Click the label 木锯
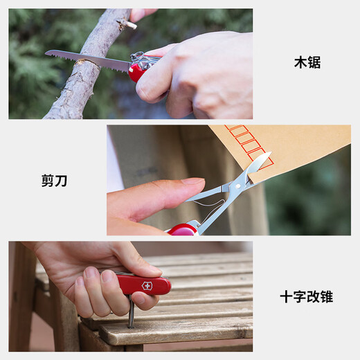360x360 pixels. coord(307,62)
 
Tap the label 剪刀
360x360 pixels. coord(54,181)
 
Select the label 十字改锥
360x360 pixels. coord(307,297)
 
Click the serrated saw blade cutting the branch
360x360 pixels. coord(88,60)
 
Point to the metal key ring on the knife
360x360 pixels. coord(136,56)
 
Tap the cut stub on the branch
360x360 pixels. coord(127,24)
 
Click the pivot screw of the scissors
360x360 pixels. coord(237,186)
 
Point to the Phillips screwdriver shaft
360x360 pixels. coord(131,312)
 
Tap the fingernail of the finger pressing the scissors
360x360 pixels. coord(193,181)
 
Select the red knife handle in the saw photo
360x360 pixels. coord(136,71)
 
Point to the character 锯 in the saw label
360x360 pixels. coord(314,62)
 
